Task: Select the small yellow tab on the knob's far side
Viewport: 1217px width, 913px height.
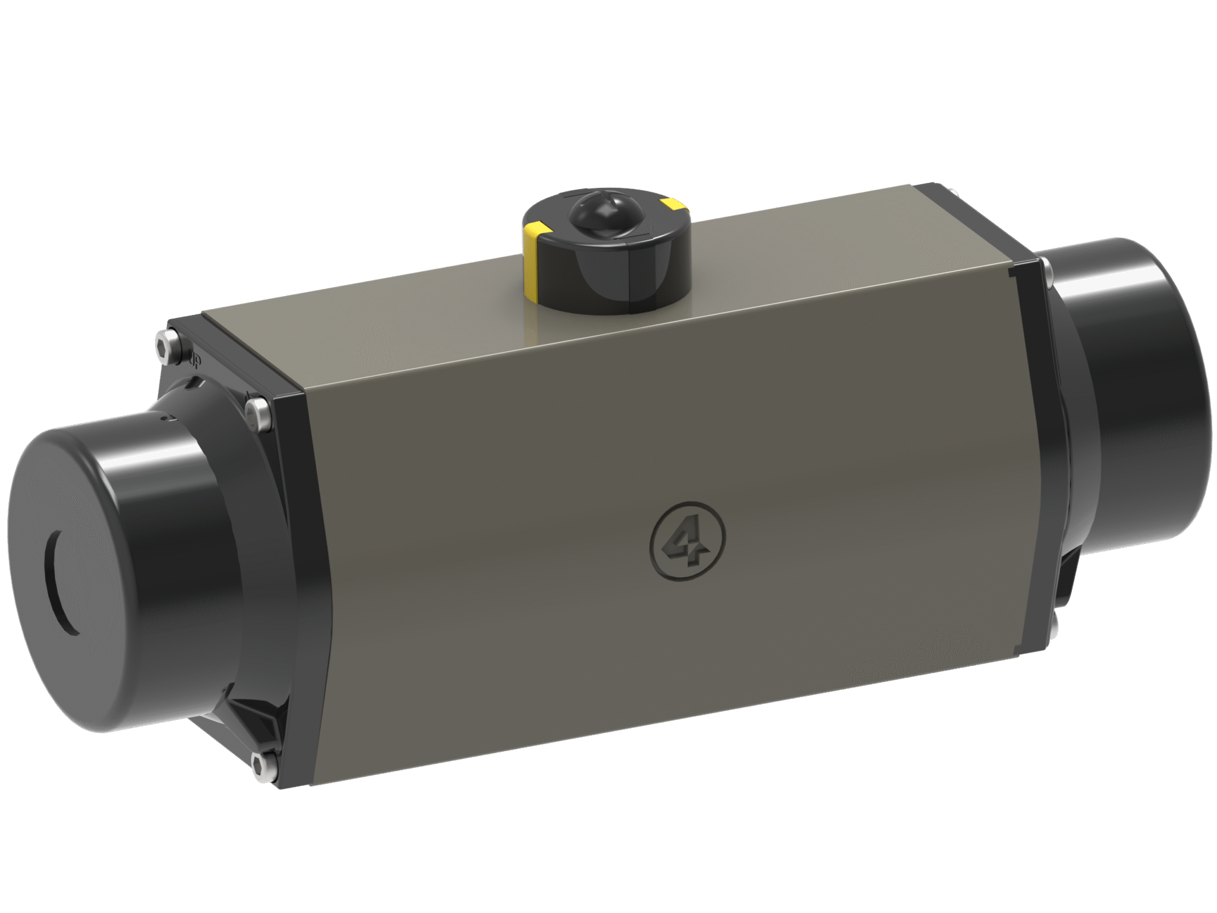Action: (673, 205)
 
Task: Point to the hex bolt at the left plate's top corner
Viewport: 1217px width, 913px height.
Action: (167, 347)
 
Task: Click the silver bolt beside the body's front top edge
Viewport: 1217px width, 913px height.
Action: (258, 413)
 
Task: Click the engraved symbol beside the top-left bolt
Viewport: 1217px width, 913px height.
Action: (193, 360)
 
